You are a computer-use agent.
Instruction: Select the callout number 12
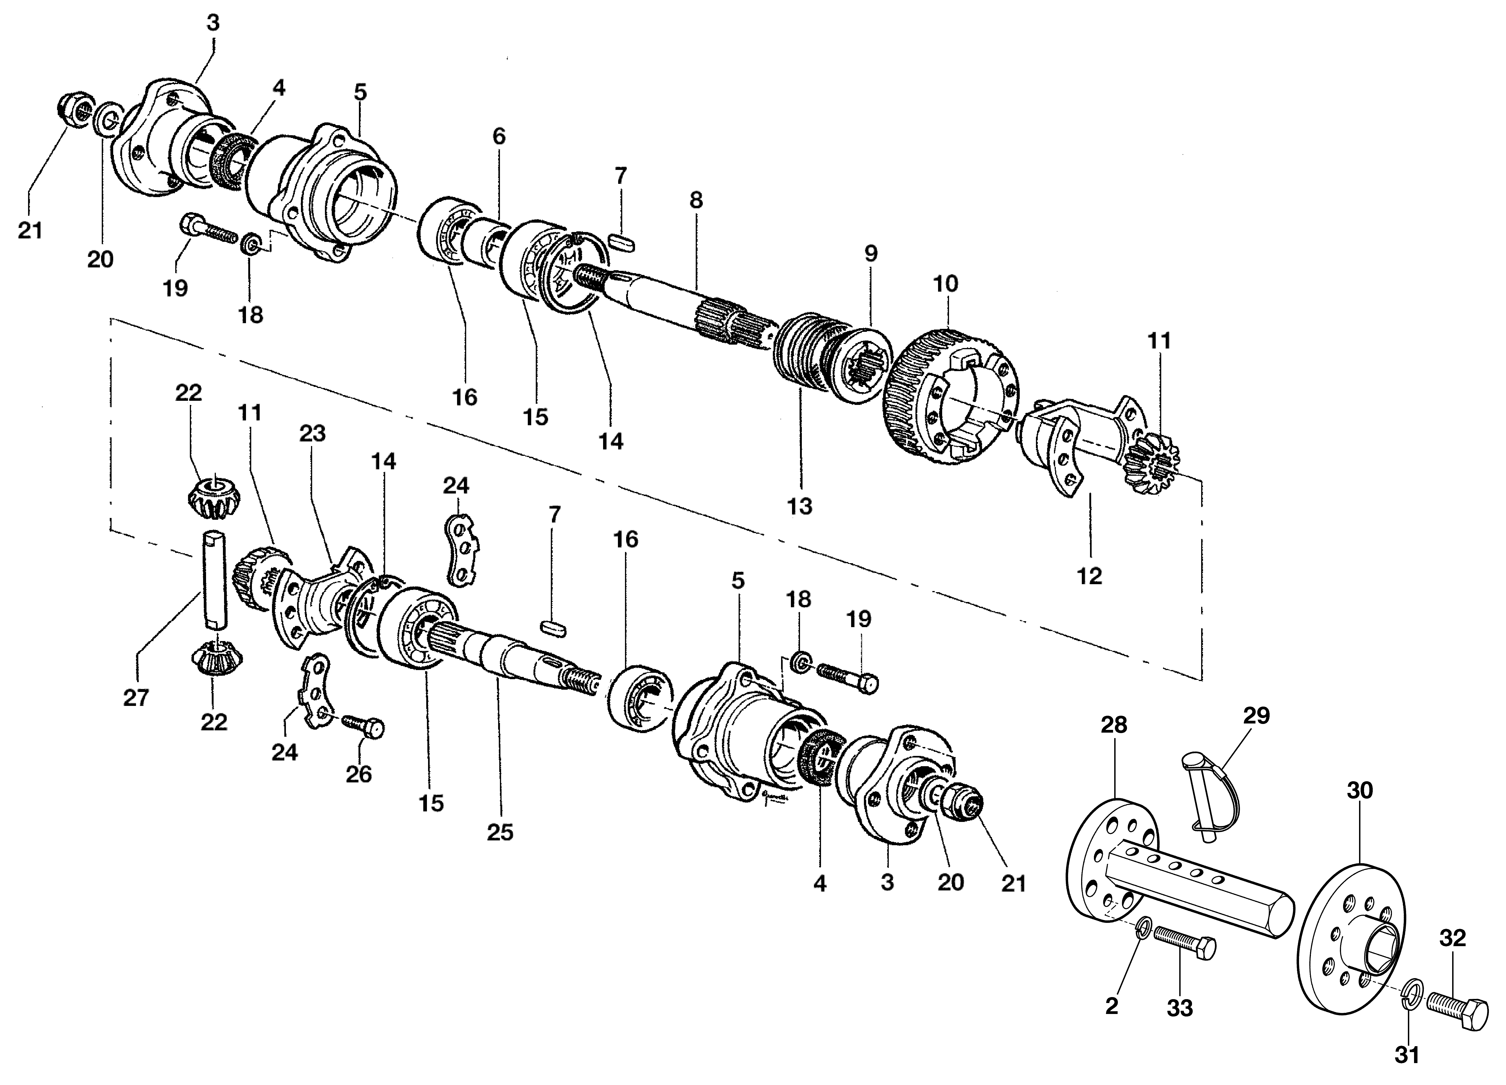1090,575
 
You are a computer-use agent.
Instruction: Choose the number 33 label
1179,1008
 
